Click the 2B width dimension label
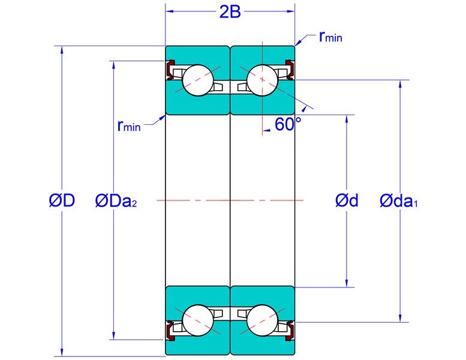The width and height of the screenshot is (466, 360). tap(230, 12)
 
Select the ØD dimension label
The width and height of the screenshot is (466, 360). tap(62, 200)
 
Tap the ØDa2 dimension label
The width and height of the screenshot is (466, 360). tap(116, 200)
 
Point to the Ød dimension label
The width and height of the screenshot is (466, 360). tap(347, 200)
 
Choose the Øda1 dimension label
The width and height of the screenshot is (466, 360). tap(399, 200)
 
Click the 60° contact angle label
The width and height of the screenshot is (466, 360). tap(288, 124)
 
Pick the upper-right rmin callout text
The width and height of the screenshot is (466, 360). tap(330, 37)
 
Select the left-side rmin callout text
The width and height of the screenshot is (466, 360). tap(129, 126)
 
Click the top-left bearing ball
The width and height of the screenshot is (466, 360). tap(198, 80)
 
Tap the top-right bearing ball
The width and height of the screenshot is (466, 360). tap(263, 80)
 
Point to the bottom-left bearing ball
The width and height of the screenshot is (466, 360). tap(198, 320)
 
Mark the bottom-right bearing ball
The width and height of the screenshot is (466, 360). tap(263, 320)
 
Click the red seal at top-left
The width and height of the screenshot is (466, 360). tap(169, 70)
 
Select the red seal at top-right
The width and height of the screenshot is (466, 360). tap(291, 70)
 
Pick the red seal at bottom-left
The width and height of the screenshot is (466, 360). tap(169, 331)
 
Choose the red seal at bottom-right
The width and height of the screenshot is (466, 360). tap(291, 331)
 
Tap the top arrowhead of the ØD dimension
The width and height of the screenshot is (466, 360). tap(62, 50)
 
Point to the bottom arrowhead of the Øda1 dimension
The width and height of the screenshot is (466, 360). tap(400, 318)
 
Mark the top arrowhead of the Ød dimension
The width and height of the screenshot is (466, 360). tap(347, 119)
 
